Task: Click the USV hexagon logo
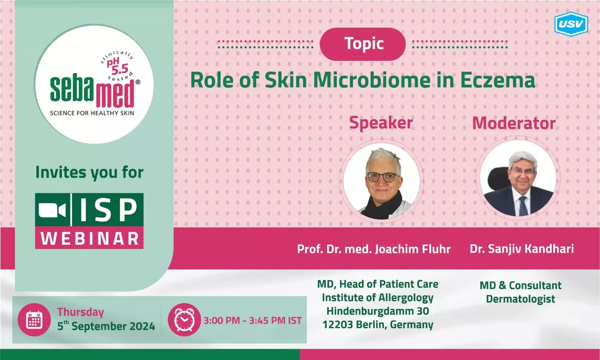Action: coord(571,24)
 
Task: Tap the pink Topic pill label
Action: coord(363,44)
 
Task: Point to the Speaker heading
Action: coord(381,123)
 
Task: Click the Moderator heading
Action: coord(514,123)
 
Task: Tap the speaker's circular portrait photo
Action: coord(382,181)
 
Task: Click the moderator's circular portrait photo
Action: coord(518,178)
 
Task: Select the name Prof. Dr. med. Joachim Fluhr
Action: coord(374,249)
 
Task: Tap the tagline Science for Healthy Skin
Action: coord(92,113)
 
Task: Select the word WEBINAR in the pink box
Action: coord(90,238)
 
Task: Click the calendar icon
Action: coord(34,320)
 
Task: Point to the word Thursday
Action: coord(80,312)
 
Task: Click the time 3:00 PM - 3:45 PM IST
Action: coord(252,321)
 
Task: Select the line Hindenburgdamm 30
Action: coord(378,311)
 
